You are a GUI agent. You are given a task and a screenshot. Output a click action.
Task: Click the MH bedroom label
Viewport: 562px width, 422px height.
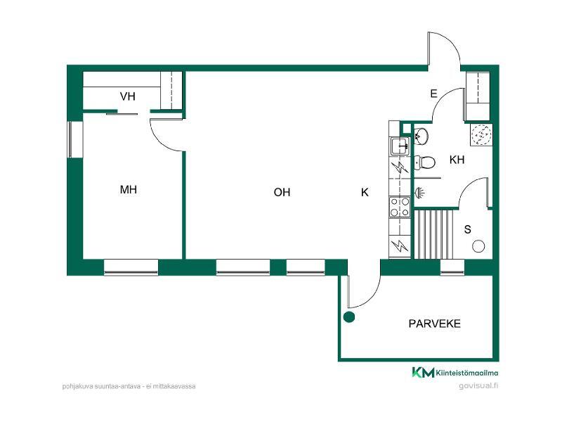tap(129, 189)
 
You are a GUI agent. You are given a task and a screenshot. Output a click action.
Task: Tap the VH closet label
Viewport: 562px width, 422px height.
tap(128, 96)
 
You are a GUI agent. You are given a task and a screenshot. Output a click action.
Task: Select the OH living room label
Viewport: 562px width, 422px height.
tap(282, 192)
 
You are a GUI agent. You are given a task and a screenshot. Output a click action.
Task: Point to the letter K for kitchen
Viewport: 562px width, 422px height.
tap(365, 193)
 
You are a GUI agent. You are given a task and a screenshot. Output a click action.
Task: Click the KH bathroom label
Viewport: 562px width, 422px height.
tap(457, 160)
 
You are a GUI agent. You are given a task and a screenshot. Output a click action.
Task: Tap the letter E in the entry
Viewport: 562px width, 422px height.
tap(433, 94)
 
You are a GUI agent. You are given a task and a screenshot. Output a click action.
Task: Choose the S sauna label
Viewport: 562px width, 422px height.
tap(467, 229)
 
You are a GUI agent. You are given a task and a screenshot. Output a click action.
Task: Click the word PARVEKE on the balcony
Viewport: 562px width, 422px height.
tap(434, 324)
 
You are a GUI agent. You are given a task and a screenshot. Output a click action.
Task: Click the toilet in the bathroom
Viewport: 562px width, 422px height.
tap(425, 162)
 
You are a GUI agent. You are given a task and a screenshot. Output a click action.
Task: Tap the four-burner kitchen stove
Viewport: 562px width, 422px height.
tap(400, 207)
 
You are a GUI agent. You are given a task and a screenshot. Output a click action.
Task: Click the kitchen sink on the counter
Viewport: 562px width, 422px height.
tap(400, 146)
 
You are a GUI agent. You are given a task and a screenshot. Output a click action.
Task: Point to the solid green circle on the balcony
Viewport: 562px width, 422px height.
tap(348, 317)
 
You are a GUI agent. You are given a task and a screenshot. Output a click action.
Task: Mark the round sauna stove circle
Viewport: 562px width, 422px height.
tap(478, 247)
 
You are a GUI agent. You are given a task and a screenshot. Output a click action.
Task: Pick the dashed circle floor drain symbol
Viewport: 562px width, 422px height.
tap(481, 134)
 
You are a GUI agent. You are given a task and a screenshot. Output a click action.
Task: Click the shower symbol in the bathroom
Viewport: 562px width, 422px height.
tap(419, 193)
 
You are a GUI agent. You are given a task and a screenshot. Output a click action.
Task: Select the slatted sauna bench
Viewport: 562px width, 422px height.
tap(433, 234)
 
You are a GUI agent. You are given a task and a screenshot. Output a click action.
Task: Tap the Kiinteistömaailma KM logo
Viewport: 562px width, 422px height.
tap(455, 373)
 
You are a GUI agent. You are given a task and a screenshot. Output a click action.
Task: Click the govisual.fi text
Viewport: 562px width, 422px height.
tap(478, 385)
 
